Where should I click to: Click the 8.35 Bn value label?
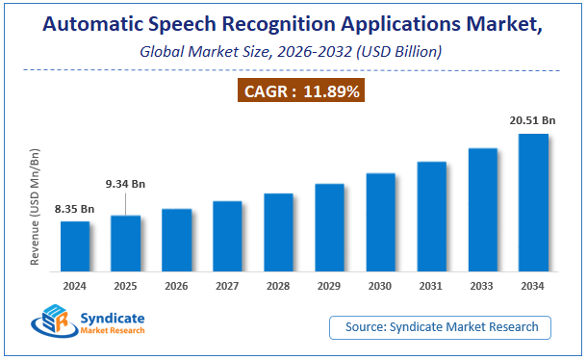point(75,209)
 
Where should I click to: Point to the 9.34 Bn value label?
point(126,184)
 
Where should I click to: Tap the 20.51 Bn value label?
point(533,120)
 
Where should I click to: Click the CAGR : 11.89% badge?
point(293,92)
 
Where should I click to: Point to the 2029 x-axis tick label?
point(329,286)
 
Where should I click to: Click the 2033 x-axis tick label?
point(482,286)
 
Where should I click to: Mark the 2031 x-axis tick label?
point(431,286)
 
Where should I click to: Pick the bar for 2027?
point(228,239)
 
